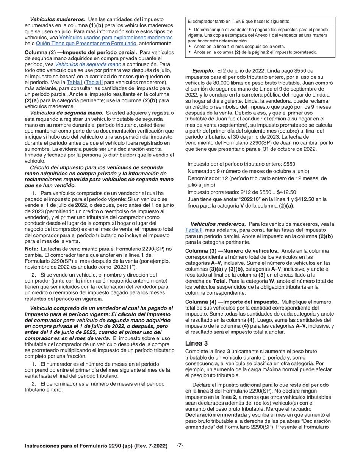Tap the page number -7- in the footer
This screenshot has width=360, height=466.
tap(180, 445)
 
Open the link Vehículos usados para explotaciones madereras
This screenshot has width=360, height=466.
tap(116, 38)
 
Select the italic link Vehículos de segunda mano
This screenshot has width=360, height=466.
tap(88, 64)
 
